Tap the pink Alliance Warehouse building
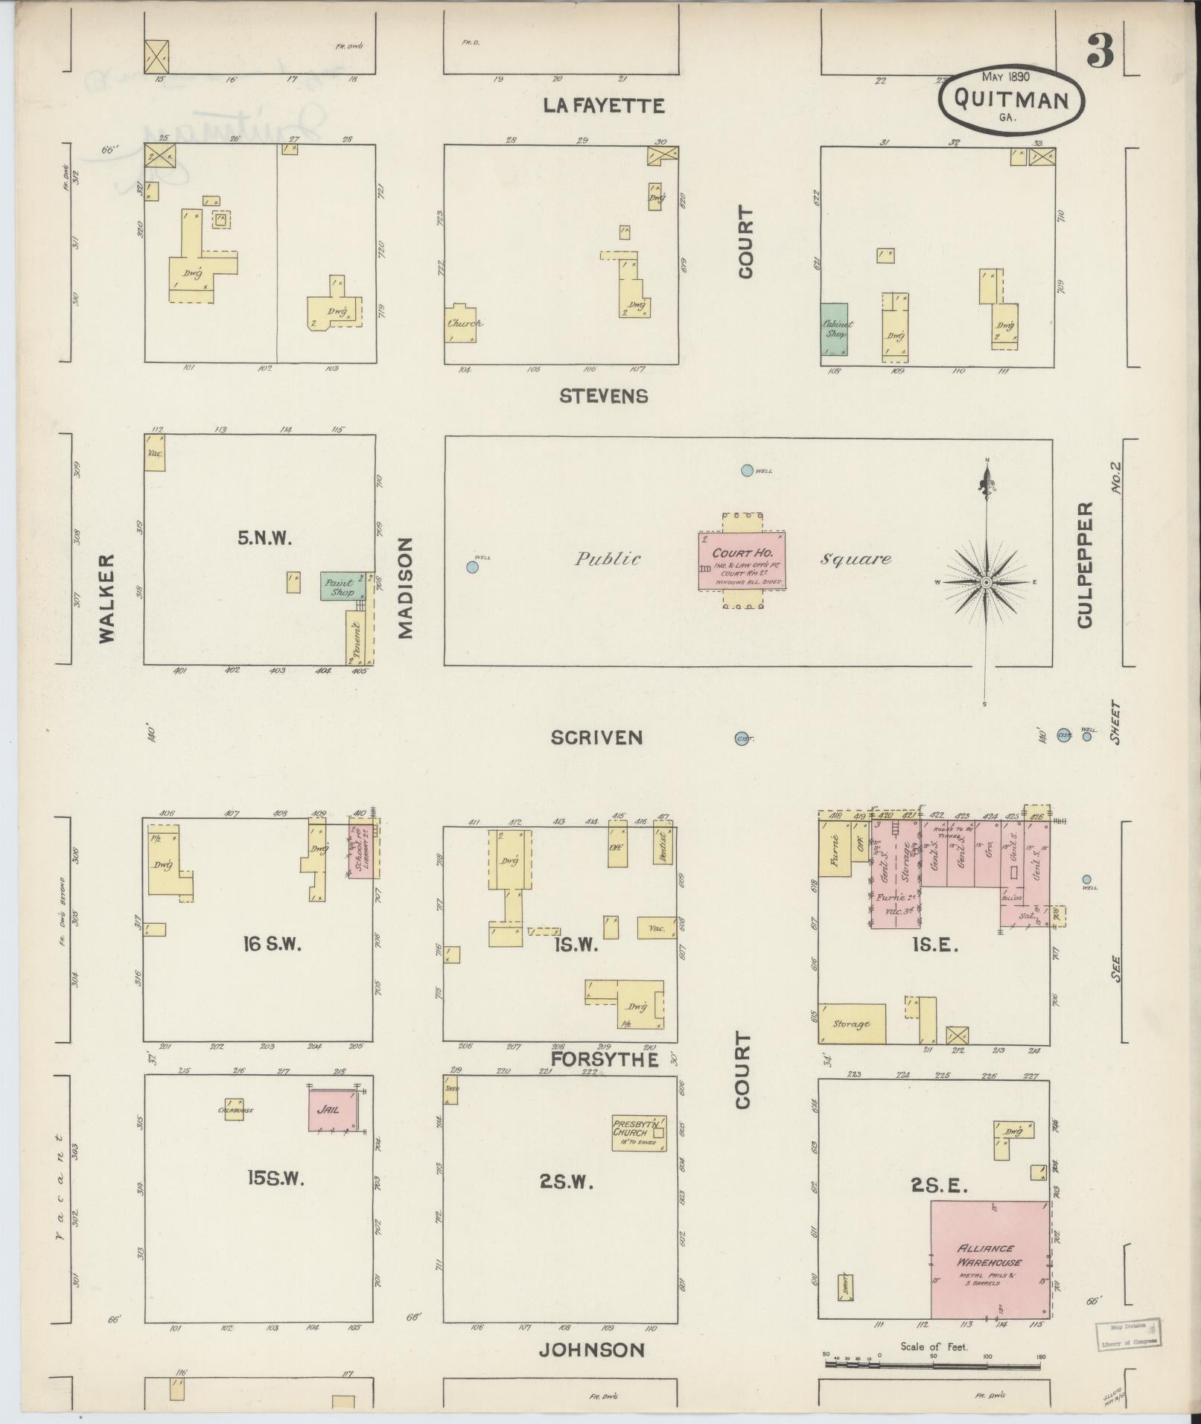pyautogui.click(x=990, y=1259)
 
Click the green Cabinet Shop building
pyautogui.click(x=835, y=330)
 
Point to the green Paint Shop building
pyautogui.click(x=343, y=587)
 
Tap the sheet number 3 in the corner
pyautogui.click(x=1100, y=51)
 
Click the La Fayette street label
pyautogui.click(x=603, y=106)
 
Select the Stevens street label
pyautogui.click(x=603, y=396)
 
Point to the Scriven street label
pyautogui.click(x=596, y=737)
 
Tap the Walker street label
pyautogui.click(x=107, y=598)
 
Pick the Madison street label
pyautogui.click(x=405, y=588)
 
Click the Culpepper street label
pyautogui.click(x=1085, y=564)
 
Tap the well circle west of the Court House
pyautogui.click(x=472, y=567)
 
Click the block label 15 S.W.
pyautogui.click(x=275, y=1178)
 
